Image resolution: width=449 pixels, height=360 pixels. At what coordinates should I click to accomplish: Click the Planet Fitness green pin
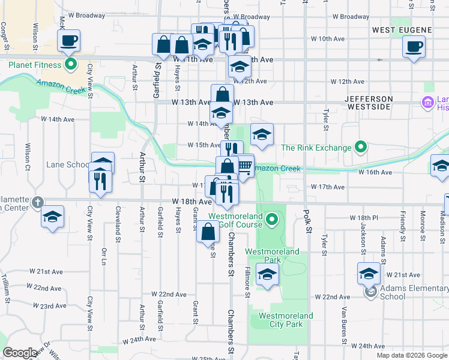[x=71, y=65]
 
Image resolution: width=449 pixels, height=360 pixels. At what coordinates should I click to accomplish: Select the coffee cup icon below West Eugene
[x=414, y=47]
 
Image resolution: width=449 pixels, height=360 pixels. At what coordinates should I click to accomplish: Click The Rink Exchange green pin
[x=360, y=148]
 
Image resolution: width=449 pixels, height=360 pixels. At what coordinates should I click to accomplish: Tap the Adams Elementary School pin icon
[x=371, y=292]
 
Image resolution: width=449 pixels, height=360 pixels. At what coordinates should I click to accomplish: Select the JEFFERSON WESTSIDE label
[x=369, y=103]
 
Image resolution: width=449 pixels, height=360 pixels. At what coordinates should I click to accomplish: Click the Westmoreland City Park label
[x=286, y=320]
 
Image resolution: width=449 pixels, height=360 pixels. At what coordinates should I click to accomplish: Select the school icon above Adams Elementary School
[x=369, y=273]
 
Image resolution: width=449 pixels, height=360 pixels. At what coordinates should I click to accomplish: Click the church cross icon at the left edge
[x=38, y=202]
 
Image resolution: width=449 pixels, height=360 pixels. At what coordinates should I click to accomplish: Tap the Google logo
[x=20, y=353]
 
